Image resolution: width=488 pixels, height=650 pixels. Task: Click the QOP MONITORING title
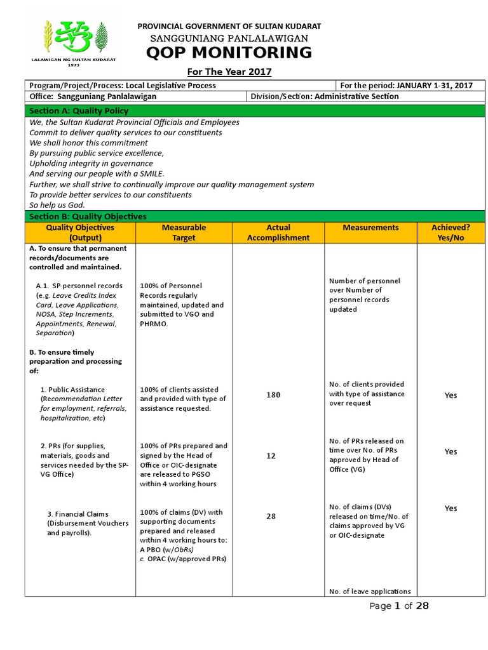click(x=229, y=53)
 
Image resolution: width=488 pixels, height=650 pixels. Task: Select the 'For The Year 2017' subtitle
click(x=229, y=72)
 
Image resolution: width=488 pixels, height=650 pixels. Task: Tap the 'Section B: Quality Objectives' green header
click(x=88, y=216)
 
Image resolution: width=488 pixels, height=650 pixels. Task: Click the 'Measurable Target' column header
click(x=184, y=232)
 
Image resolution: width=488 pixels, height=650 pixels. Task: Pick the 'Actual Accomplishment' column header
click(x=278, y=232)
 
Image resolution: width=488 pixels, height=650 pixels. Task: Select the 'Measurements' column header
click(x=370, y=227)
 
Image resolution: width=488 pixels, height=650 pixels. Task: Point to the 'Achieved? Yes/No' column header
click(x=451, y=232)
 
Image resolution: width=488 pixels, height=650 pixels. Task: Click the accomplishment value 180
click(x=273, y=395)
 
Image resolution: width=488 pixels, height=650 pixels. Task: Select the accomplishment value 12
click(x=271, y=456)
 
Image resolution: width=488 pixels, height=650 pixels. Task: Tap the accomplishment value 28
click(x=271, y=516)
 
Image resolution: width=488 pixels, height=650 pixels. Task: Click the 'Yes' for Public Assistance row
click(x=451, y=395)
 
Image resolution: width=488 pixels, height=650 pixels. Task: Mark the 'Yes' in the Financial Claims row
click(x=451, y=508)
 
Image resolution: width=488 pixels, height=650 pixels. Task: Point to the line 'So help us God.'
click(x=57, y=205)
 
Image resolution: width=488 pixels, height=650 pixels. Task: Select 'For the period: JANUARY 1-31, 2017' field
click(x=407, y=86)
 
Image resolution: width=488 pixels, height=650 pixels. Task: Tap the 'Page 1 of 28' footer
click(x=399, y=606)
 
